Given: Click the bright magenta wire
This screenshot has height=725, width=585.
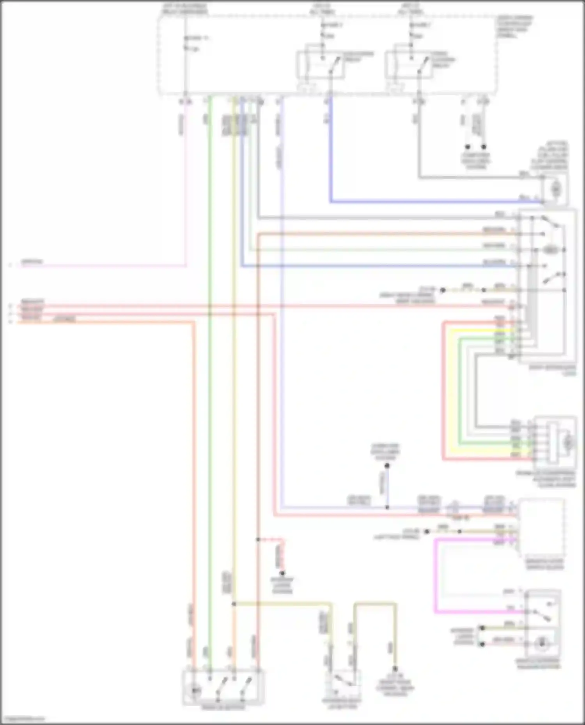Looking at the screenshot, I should click(435, 577).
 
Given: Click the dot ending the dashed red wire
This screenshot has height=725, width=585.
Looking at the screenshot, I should click(282, 573).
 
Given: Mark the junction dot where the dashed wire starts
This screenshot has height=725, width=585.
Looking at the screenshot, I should click(258, 540).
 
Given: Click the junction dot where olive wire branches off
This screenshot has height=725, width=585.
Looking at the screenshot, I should click(234, 604).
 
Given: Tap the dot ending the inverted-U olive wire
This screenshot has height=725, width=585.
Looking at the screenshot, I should click(395, 669).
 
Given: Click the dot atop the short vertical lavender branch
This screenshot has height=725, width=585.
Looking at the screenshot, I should click(387, 466).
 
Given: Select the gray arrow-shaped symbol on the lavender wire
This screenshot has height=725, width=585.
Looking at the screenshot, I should click(454, 507).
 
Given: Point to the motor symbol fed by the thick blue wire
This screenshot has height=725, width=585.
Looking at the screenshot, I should click(556, 190).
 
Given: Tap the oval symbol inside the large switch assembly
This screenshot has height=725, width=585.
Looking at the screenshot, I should click(550, 250).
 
